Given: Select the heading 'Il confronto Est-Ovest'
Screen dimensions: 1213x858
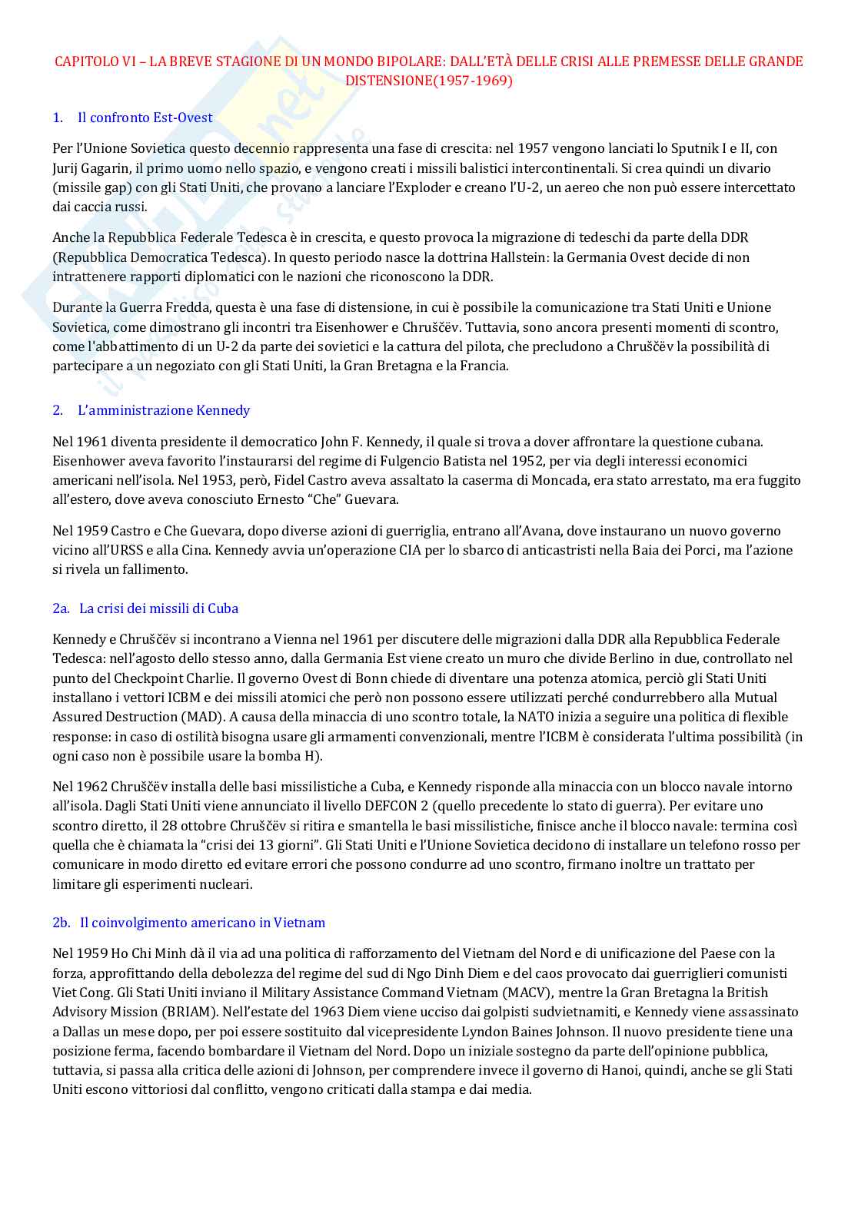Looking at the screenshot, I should tap(145, 118).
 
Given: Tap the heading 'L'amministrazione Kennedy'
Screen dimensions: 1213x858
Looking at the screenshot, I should tap(163, 410).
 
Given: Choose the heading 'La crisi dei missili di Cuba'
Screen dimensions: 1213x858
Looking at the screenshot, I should tap(158, 608).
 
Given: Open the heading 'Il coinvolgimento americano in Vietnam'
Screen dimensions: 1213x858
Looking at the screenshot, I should tap(202, 923).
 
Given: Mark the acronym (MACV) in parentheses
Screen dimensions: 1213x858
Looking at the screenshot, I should tap(527, 993).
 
